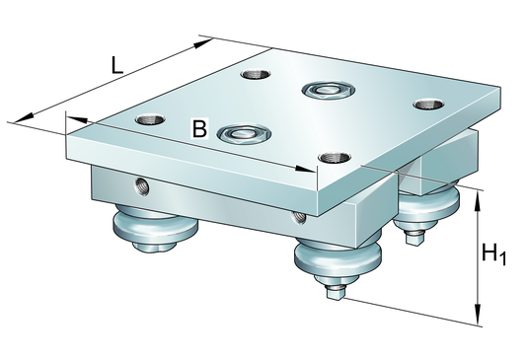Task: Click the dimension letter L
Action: click(x=116, y=65)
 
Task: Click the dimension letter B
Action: click(x=199, y=128)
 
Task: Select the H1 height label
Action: click(x=493, y=254)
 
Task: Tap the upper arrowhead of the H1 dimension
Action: click(x=478, y=201)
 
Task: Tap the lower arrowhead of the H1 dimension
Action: click(x=478, y=314)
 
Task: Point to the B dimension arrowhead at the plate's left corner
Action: click(x=77, y=119)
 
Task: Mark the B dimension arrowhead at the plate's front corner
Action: click(x=305, y=169)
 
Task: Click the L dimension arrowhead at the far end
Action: click(x=203, y=43)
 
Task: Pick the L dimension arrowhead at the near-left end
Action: click(x=24, y=117)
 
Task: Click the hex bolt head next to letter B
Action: click(x=244, y=133)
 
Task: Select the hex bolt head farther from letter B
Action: click(x=329, y=90)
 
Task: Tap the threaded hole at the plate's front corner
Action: click(x=335, y=157)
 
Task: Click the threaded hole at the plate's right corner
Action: click(x=428, y=105)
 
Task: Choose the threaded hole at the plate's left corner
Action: click(x=150, y=119)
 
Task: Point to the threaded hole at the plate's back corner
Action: click(x=256, y=74)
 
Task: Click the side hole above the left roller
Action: click(x=142, y=186)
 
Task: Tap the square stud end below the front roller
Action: click(x=335, y=295)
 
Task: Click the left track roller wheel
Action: click(x=155, y=227)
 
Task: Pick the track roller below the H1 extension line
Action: click(x=426, y=207)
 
